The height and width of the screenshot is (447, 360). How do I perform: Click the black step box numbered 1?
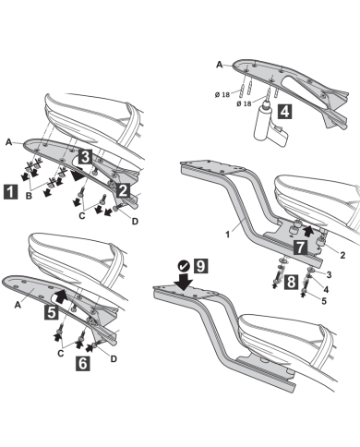pyautogui.click(x=10, y=193)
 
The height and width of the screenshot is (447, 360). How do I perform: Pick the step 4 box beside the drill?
pyautogui.click(x=287, y=115)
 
